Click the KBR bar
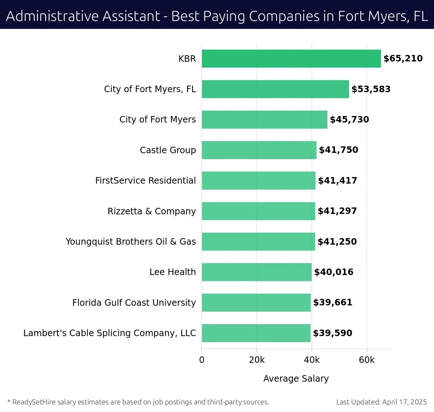[291, 59]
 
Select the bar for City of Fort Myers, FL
[275, 89]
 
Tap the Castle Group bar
[259, 150]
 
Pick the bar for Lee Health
[256, 272]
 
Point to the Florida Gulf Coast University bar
[256, 302]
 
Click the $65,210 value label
[403, 59]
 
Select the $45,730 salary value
[349, 120]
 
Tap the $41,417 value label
[337, 181]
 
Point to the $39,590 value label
[332, 333]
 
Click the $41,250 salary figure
[337, 242]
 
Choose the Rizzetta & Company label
[152, 211]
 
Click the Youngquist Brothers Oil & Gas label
[131, 242]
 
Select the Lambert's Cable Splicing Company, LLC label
[110, 333]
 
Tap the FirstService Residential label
[145, 181]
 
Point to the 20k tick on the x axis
[257, 360]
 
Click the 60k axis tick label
[367, 360]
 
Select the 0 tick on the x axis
[202, 360]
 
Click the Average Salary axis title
[296, 379]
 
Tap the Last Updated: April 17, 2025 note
[381, 402]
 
